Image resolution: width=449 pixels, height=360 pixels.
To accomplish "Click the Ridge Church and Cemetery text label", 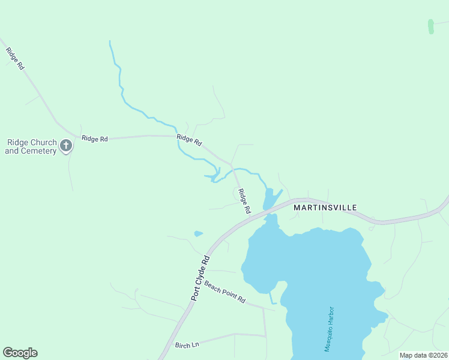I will [31, 146].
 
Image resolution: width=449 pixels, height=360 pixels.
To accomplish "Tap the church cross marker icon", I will [66, 145].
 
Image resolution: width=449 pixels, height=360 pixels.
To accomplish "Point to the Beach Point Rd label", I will [225, 292].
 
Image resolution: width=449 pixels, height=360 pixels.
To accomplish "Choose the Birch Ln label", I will [187, 345].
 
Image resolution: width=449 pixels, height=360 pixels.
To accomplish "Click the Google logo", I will [20, 353].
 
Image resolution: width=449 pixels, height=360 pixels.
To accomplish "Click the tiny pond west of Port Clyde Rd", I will [198, 233].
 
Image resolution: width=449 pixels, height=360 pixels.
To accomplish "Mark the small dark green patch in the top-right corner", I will [430, 26].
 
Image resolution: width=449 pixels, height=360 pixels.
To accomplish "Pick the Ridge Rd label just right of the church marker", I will [95, 139].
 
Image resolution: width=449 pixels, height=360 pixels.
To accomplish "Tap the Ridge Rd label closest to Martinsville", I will [243, 202].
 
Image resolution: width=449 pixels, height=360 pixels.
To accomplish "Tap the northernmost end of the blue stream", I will [110, 41].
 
